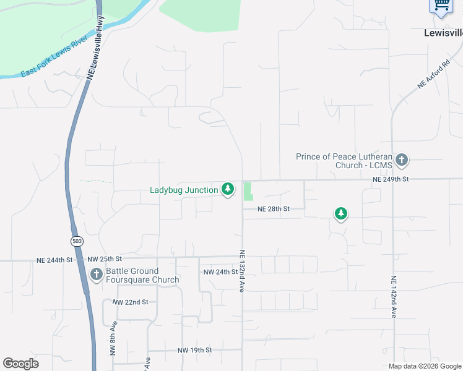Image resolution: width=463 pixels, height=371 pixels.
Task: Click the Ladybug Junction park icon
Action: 228,189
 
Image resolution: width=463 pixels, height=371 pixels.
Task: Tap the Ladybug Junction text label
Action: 184,189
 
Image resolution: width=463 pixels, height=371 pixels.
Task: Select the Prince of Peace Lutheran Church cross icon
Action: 402,160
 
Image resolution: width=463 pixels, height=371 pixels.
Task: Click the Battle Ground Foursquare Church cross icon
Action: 96,275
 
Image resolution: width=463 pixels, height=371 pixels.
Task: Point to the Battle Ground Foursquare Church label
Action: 142,275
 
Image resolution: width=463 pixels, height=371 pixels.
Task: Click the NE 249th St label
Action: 391,179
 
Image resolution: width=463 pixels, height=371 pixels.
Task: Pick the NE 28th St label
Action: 274,209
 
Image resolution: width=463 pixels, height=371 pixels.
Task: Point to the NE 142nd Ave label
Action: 393,297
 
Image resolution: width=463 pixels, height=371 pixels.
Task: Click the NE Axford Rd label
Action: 433,75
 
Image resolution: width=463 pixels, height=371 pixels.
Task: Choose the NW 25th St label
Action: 105,258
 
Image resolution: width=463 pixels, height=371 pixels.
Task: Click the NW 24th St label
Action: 220,272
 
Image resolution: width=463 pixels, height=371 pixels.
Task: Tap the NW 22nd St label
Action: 131,302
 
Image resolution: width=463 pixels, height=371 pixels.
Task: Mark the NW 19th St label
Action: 194,350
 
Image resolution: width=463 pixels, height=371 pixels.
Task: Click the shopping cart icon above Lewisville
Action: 440,5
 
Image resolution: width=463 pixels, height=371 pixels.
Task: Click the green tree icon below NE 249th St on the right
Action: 340,213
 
